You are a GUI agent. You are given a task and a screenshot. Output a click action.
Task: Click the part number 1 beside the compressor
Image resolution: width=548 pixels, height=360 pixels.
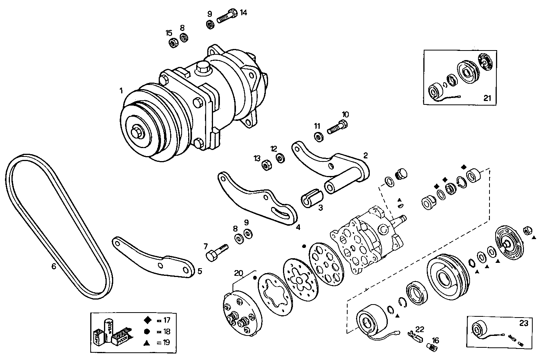click(121, 91)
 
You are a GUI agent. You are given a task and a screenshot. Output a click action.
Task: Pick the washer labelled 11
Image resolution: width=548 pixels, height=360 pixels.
click(318, 136)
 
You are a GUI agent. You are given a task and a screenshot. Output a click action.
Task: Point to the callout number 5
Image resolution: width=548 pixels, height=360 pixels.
click(200, 271)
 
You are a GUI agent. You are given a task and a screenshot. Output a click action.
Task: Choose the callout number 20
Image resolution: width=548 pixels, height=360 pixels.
click(238, 273)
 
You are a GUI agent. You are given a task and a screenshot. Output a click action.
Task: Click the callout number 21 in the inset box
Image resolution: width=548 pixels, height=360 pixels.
click(487, 98)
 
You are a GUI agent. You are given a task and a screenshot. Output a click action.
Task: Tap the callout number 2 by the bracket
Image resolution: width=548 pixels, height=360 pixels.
click(366, 155)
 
